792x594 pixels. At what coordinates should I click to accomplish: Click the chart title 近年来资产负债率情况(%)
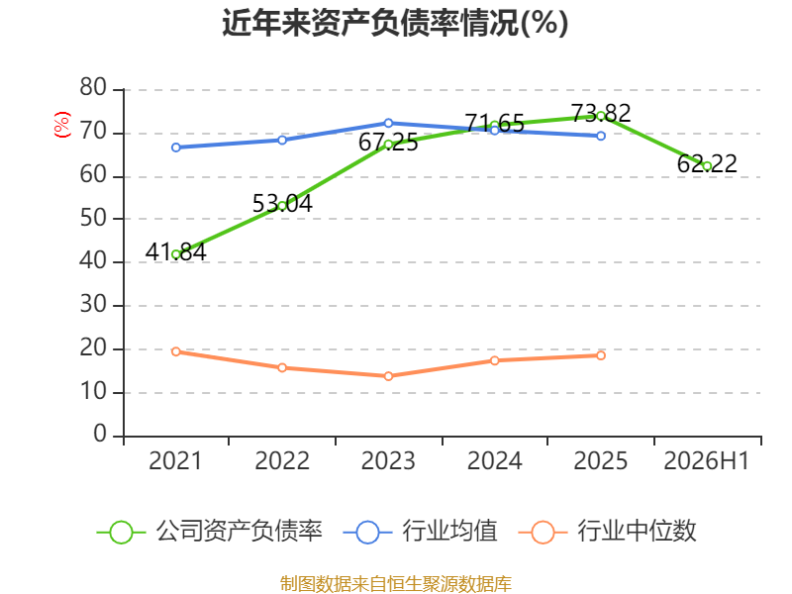395,23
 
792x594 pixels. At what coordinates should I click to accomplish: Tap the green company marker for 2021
176,254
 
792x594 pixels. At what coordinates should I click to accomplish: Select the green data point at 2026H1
707,166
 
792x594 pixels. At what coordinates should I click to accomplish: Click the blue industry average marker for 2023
388,123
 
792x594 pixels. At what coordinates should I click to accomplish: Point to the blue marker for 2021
176,148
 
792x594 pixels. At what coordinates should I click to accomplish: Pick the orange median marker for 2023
388,376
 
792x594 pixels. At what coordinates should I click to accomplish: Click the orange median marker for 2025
601,355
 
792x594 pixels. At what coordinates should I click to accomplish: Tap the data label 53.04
282,204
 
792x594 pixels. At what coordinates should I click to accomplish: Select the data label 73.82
601,113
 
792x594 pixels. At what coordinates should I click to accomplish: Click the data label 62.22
707,163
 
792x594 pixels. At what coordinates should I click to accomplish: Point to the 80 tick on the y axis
93,87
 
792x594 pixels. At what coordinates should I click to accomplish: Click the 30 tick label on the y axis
93,305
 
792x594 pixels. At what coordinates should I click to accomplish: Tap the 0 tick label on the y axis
100,434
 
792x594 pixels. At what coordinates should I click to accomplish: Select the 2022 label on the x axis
282,460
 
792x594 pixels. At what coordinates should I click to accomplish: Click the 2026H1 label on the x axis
706,460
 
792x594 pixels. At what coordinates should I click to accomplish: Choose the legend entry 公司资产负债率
210,532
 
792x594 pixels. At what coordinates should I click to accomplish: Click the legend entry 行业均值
420,532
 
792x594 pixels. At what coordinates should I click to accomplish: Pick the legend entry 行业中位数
608,532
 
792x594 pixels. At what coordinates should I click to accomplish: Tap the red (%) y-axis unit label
62,125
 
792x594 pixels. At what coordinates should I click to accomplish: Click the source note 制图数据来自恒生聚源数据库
396,584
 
